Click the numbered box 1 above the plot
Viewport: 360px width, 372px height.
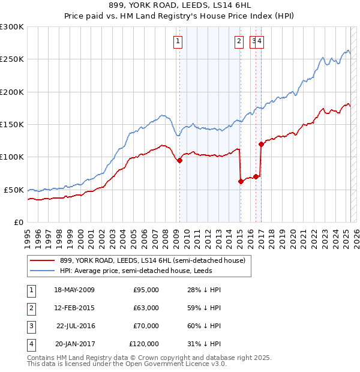coord(179,41)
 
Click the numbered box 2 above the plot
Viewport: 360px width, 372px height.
coord(239,41)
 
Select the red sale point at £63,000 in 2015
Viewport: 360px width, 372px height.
coord(241,181)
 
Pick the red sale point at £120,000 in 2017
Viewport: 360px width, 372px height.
coord(261,144)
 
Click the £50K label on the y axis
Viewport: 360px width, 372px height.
coord(14,190)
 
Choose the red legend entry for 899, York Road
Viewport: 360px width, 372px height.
coord(152,261)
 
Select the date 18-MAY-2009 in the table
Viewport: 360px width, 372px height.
coord(74,290)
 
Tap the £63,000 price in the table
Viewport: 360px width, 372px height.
coord(146,308)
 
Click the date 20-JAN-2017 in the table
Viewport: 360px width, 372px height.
coord(74,344)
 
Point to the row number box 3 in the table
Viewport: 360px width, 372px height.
coord(31,326)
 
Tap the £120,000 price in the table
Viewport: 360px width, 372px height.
coord(144,344)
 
